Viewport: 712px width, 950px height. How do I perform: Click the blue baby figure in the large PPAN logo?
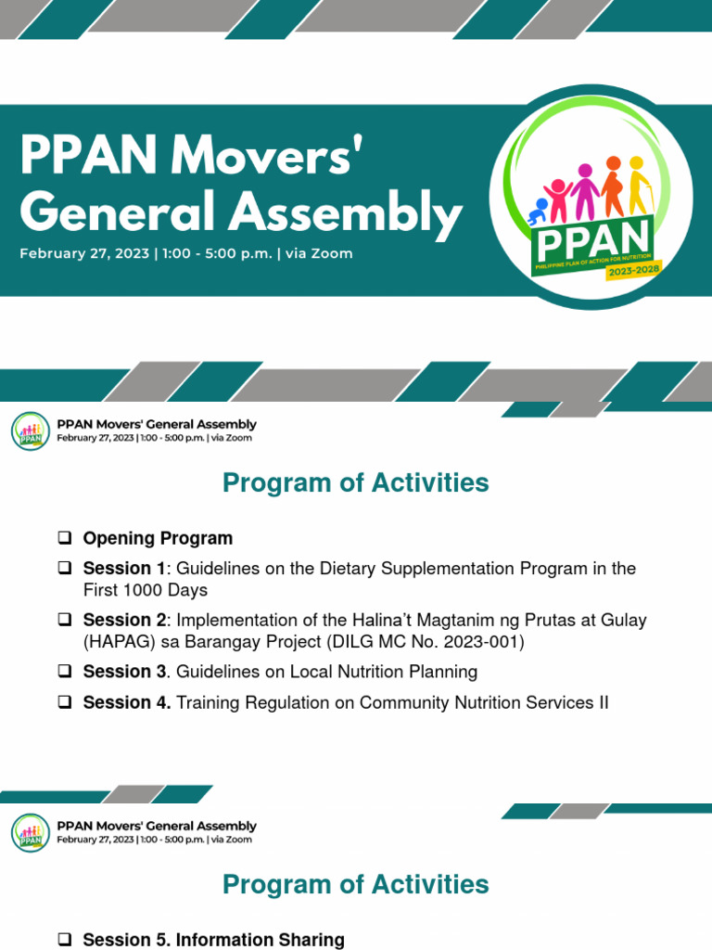coord(538,212)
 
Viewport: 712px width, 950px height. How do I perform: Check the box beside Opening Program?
coord(64,538)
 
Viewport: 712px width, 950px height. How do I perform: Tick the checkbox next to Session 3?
coord(64,672)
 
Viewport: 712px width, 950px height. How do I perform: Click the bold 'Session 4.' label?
coord(127,702)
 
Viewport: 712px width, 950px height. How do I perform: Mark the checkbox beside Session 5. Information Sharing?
coord(64,940)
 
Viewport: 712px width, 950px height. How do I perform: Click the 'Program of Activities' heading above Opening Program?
coord(355,483)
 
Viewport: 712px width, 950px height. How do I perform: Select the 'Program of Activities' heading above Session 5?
coord(355,884)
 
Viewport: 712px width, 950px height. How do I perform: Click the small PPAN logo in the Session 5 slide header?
coord(31,832)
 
